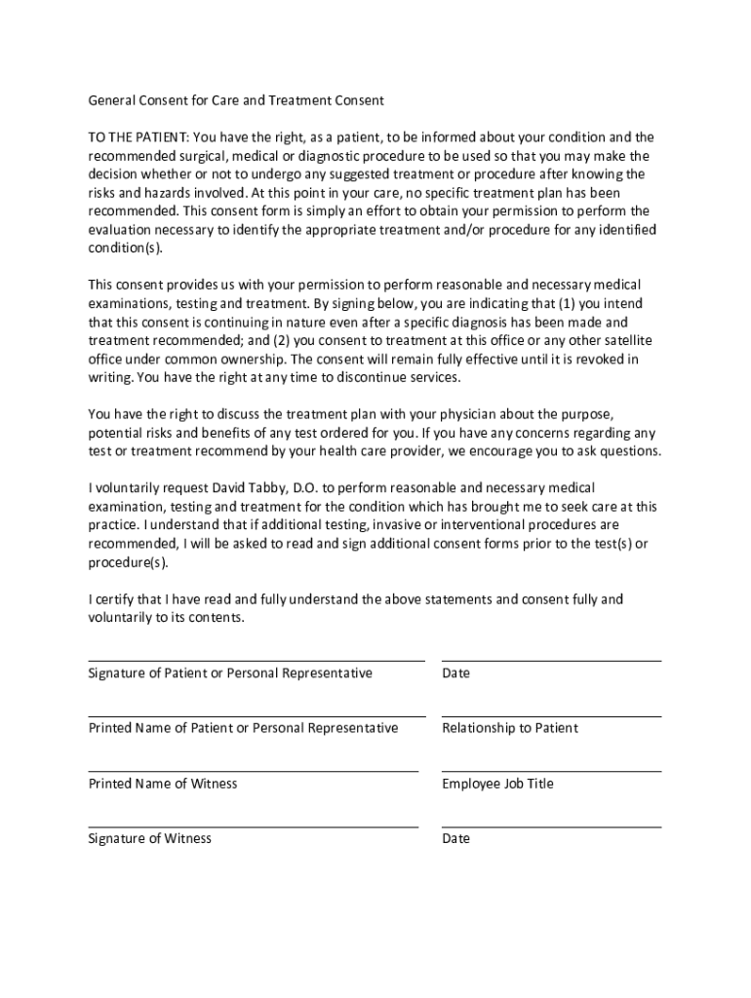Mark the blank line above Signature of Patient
tap(257, 661)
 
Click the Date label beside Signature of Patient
tap(455, 673)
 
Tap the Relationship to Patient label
tap(509, 728)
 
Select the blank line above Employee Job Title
tap(551, 771)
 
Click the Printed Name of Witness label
tap(163, 784)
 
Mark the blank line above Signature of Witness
tap(254, 826)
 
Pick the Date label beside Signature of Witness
tap(455, 839)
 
